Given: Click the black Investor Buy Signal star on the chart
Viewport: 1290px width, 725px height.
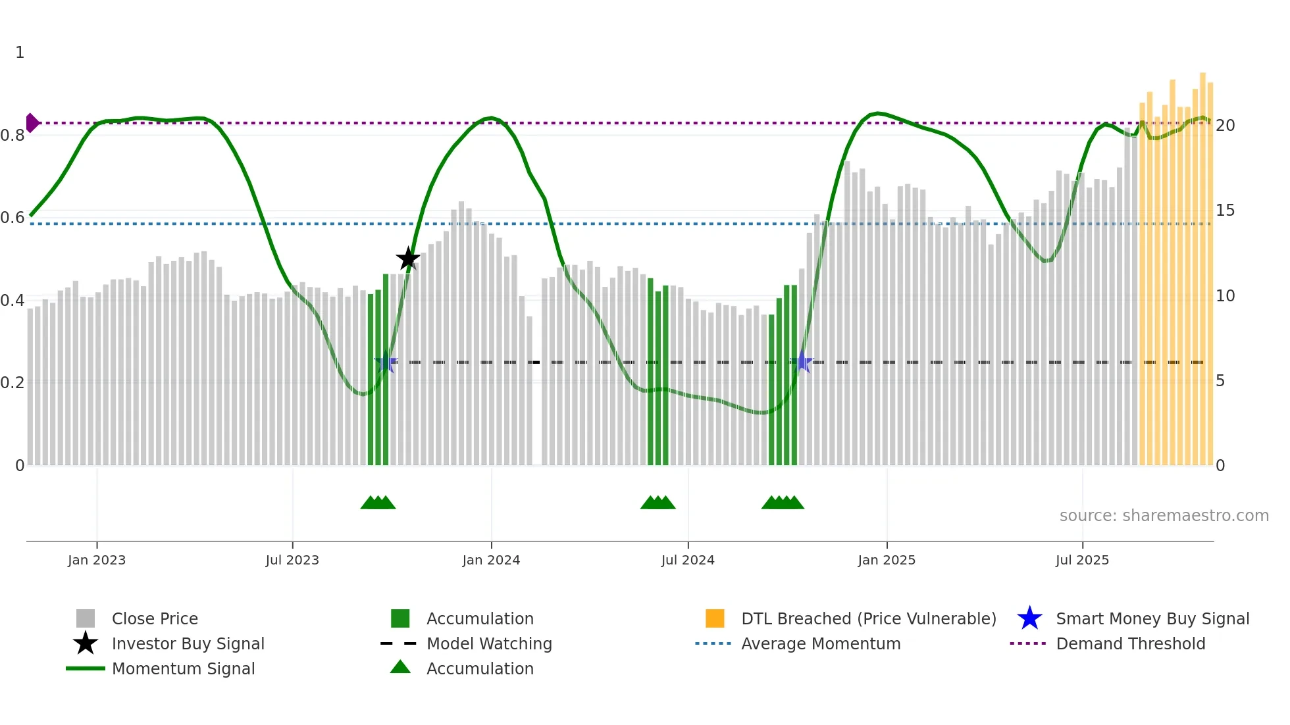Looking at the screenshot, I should click(x=408, y=259).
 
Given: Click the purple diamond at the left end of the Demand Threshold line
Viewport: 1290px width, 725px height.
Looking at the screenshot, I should click(x=32, y=123).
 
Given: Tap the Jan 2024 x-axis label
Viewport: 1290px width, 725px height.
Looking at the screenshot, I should click(x=491, y=561).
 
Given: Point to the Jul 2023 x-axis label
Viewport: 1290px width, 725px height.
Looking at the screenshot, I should click(x=292, y=561).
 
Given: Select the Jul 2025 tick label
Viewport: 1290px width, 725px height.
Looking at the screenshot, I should click(x=1082, y=561).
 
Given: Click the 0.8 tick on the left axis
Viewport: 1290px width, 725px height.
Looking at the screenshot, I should click(x=13, y=136).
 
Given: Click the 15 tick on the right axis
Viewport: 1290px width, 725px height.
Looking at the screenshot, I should click(x=1225, y=211).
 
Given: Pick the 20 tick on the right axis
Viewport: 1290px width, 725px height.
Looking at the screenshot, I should click(x=1225, y=126).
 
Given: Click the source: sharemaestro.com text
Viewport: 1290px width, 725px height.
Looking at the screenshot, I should click(x=1164, y=516).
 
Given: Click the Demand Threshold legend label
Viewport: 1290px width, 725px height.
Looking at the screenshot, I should click(x=1130, y=644).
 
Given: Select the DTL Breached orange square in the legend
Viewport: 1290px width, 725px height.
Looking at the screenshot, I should click(x=715, y=618).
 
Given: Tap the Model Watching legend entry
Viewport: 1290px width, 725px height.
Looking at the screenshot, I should click(x=488, y=644).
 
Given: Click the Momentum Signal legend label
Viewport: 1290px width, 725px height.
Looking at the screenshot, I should click(x=183, y=669).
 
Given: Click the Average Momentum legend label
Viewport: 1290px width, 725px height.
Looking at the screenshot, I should click(x=820, y=644).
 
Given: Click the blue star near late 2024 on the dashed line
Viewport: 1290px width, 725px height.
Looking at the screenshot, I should click(x=802, y=362).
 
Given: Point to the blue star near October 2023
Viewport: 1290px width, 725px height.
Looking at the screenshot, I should click(x=386, y=362).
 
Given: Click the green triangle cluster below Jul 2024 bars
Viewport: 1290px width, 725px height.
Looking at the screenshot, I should click(x=658, y=503).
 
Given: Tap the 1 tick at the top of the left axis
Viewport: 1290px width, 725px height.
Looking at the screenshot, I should click(x=20, y=53).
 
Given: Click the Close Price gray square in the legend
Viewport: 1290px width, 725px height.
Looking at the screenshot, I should click(x=86, y=618).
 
